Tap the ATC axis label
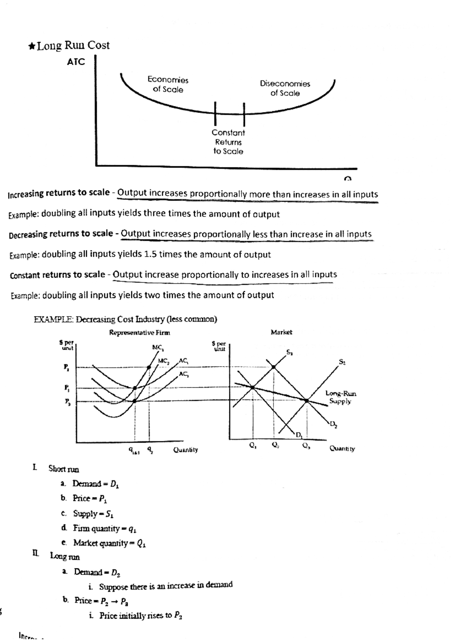coord(76,62)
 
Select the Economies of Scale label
coord(168,85)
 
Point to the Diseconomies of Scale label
coord(285,88)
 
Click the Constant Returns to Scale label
coord(228,142)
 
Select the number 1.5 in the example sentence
coord(151,254)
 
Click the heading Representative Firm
coord(140,333)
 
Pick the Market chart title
coord(281,332)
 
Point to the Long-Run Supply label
coord(340,397)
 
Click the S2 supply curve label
coord(342,362)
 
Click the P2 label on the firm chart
coord(66,367)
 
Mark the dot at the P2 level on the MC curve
coord(149,367)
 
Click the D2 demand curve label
coord(333,424)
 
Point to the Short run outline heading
coord(63,469)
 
